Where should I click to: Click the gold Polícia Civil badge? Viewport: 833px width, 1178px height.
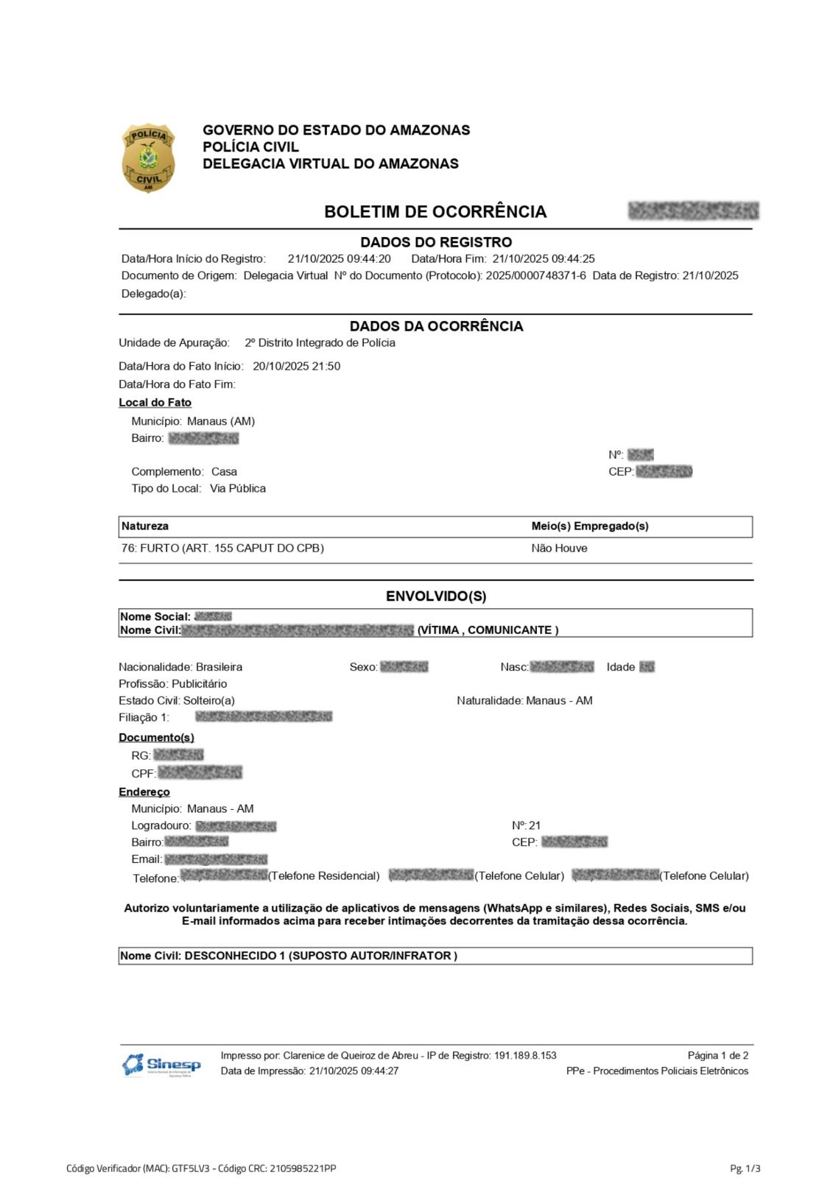[148, 158]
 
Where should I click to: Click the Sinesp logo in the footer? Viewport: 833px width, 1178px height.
[161, 1065]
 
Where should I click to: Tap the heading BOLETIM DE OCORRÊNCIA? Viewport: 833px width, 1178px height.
[435, 212]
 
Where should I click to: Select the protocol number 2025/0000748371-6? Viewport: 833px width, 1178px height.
[535, 276]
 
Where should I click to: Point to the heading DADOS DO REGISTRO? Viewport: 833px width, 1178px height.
[435, 242]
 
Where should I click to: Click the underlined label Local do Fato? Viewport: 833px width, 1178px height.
[155, 403]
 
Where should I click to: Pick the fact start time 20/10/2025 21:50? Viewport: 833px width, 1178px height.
[296, 367]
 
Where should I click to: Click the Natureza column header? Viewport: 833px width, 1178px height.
[145, 526]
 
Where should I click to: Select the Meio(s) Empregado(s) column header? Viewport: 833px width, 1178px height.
[589, 526]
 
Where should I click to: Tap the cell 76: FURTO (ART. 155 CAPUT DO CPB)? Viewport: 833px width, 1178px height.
[222, 549]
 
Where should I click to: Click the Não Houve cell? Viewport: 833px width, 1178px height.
[559, 549]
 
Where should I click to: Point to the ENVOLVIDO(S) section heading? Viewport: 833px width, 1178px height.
[435, 596]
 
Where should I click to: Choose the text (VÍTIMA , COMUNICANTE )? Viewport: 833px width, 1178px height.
[488, 630]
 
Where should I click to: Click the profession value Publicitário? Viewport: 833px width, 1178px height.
[199, 684]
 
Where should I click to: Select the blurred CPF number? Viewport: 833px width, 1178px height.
[200, 773]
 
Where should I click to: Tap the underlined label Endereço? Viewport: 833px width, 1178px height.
[144, 792]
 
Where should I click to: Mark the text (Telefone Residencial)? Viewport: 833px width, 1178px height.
[324, 876]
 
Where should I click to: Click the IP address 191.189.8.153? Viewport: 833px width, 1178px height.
[524, 1056]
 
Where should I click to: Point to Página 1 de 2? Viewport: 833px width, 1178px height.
[717, 1056]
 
